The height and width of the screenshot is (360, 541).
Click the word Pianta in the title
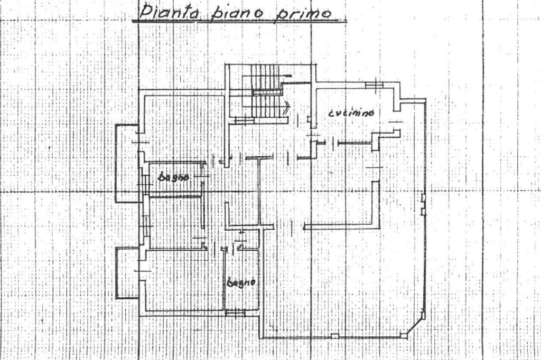[169, 13]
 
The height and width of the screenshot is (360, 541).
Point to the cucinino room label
[351, 113]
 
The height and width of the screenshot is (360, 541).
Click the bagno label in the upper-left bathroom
[173, 177]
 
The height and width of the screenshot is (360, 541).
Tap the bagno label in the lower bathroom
[241, 282]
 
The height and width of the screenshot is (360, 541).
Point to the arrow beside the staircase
[286, 108]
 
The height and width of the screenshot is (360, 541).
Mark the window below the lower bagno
[235, 314]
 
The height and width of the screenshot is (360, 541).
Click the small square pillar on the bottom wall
[334, 336]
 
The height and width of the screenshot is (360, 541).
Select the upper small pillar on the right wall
[423, 198]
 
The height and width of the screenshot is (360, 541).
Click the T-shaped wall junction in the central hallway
[259, 158]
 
